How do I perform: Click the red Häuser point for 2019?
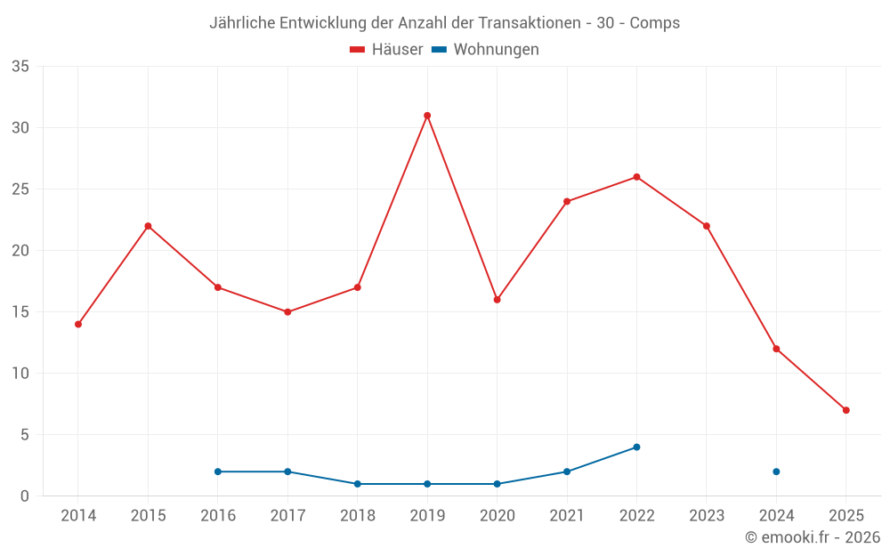tap(427, 116)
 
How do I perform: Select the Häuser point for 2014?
tap(78, 324)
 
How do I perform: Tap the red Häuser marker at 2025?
tap(845, 410)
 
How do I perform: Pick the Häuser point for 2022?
tap(636, 177)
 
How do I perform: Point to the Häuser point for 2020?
tap(497, 300)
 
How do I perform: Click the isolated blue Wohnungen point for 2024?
tap(776, 471)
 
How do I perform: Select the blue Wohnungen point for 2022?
tap(636, 447)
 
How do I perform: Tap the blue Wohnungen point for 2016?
tap(218, 471)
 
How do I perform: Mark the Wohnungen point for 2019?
tap(427, 484)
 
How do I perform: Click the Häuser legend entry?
tap(387, 50)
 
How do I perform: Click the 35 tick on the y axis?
tap(20, 67)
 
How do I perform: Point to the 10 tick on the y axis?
tap(20, 374)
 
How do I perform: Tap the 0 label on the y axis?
tap(25, 496)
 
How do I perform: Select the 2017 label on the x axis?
tap(287, 516)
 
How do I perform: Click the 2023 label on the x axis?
tap(707, 516)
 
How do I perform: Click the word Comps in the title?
tap(654, 23)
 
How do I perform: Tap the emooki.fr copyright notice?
tap(813, 537)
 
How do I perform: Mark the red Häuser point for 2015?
tap(148, 226)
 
